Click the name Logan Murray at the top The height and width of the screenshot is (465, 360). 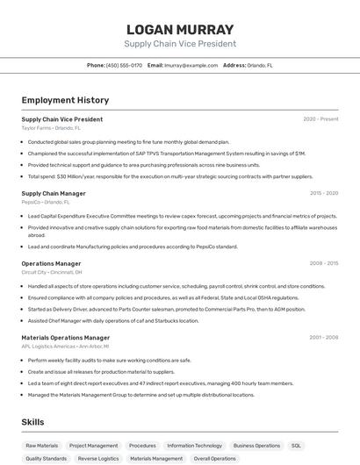tap(180, 30)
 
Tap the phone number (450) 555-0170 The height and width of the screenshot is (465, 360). tap(124, 65)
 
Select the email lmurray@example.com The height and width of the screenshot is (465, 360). tap(191, 65)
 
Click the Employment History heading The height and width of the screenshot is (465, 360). tap(65, 100)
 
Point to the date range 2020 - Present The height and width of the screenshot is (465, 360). tap(320, 119)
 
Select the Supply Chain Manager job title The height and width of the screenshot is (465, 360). tap(54, 193)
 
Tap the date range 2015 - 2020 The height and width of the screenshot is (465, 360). tap(324, 193)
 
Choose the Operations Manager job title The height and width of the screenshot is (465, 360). tap(51, 263)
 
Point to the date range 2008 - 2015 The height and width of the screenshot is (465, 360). tap(324, 263)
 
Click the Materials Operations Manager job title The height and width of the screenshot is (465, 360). tap(66, 338)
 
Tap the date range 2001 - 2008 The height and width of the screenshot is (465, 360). tap(324, 338)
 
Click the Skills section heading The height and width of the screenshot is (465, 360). tap(33, 422)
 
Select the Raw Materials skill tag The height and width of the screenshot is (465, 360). tap(42, 446)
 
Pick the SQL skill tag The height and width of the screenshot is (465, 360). tap(296, 446)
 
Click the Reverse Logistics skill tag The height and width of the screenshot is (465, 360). tap(98, 458)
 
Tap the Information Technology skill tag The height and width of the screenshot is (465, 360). tap(194, 446)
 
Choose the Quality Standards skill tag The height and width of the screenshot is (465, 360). tap(46, 458)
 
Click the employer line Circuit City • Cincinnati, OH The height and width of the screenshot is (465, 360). tap(52, 272)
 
